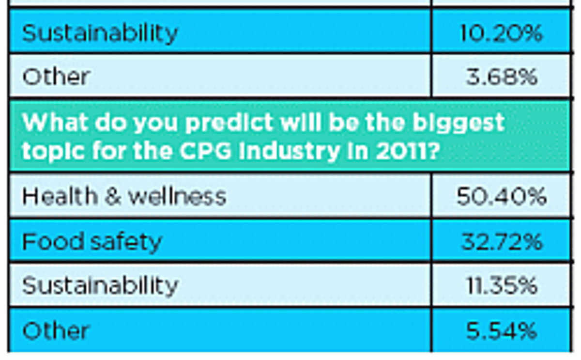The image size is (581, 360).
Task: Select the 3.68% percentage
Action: coord(501,77)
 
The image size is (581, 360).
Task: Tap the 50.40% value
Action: coord(501,196)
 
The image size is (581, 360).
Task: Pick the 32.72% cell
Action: coord(501,241)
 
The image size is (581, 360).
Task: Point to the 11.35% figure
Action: coord(501,285)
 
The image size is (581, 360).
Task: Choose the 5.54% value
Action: coord(501,331)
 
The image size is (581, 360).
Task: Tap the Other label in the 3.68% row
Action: coord(56,77)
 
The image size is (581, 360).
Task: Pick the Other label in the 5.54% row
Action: coord(56,331)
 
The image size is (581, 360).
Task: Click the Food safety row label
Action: coord(92,241)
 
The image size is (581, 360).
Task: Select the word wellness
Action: coord(177,196)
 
